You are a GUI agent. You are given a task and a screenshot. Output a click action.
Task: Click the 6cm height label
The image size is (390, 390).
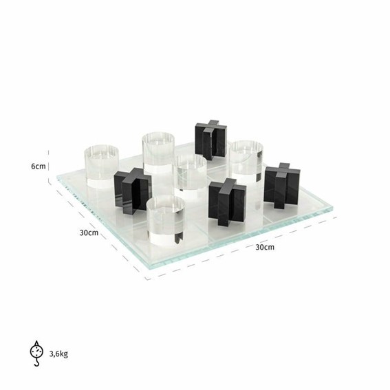point(39,166)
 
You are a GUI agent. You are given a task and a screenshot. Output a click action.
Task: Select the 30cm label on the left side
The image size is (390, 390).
point(89,232)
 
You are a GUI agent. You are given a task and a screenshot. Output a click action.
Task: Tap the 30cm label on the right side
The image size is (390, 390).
point(265,247)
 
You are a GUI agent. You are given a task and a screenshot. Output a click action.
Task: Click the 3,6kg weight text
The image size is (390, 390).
point(58,354)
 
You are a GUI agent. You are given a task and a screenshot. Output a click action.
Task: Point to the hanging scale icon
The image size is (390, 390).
point(37,353)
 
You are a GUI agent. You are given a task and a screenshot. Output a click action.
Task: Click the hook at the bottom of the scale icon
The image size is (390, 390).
point(37,363)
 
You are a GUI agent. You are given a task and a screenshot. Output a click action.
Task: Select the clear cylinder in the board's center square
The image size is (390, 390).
point(191,173)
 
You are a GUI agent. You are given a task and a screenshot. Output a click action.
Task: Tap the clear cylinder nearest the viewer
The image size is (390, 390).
point(166,220)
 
